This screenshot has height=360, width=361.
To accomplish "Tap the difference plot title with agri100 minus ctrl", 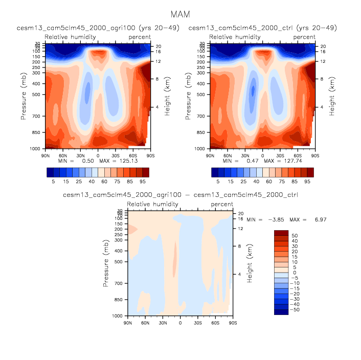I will click(x=180, y=195).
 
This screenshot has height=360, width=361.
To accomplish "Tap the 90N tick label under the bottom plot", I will click(x=128, y=324).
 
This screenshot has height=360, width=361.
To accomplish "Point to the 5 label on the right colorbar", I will click(x=218, y=182).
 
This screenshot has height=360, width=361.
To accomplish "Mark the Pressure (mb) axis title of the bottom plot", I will click(x=107, y=264).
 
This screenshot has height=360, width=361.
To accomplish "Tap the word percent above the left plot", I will click(x=140, y=37).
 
